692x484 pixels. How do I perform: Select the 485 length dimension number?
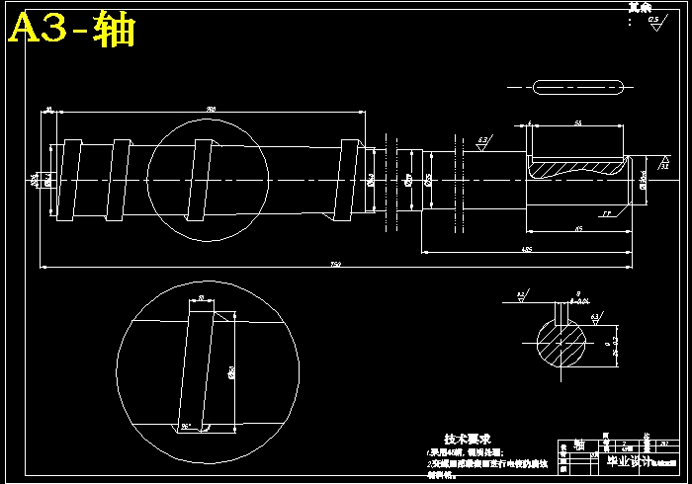point(527,248)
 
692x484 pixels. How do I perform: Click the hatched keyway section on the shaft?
point(577,168)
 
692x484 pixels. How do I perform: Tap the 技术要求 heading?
point(467,439)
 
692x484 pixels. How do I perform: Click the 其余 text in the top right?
point(641,7)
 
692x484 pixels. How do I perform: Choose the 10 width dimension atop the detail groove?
point(202,297)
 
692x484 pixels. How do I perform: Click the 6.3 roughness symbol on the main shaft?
point(482,143)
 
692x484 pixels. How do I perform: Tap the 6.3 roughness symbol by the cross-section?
point(595,318)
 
